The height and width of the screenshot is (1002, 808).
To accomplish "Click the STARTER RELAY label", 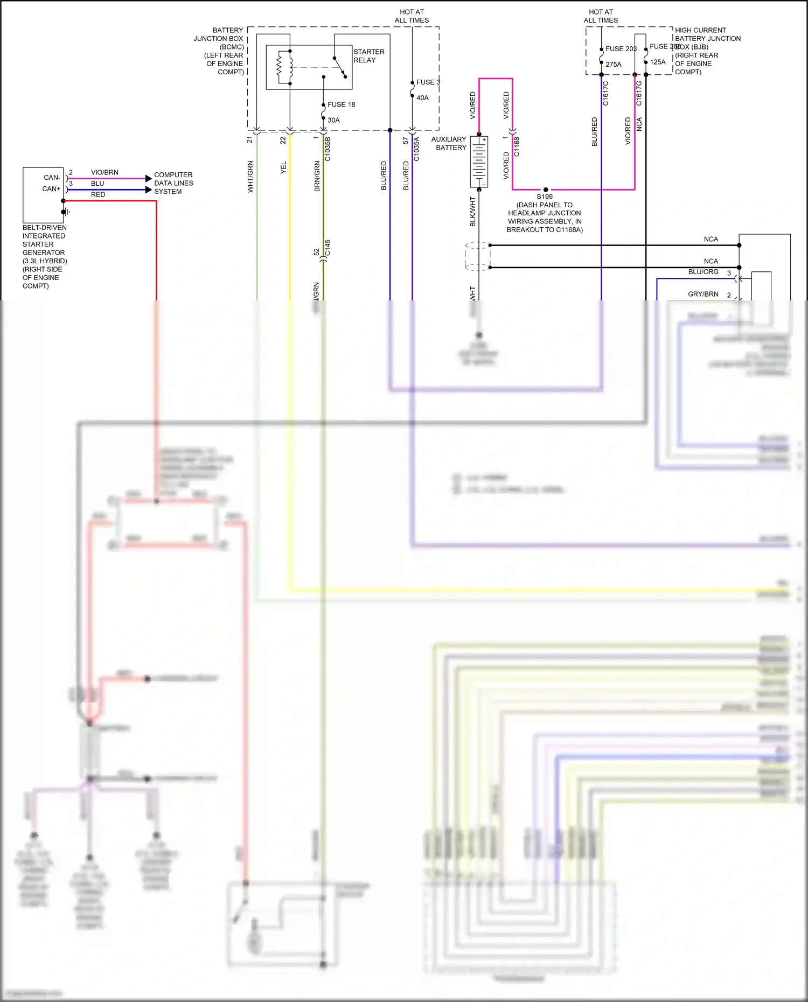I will coord(368,56).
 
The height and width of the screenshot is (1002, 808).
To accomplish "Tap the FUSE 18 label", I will coord(341,104).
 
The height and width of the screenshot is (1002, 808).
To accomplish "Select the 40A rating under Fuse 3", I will coord(422,98).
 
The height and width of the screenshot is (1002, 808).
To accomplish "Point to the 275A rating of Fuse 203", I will coord(613,65).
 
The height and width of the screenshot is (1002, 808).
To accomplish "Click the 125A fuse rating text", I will coord(657,62).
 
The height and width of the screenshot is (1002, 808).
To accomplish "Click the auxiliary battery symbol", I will coord(479,162).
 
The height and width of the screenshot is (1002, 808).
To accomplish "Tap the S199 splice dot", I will coord(546,190).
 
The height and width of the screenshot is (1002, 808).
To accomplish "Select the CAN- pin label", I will coord(52,178).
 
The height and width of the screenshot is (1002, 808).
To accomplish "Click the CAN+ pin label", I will coord(51,189).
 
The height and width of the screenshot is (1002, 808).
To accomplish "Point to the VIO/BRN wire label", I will coord(105,172).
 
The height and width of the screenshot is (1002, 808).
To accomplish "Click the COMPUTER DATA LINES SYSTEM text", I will coord(173,183).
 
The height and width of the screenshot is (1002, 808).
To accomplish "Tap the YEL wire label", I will coord(283,167).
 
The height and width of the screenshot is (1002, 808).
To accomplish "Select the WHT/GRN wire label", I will coord(250,177).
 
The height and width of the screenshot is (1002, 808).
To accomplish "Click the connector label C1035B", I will coord(328,149).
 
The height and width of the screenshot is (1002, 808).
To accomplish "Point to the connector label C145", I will coord(328,248).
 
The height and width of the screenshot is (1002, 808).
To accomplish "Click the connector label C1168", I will coord(517,146).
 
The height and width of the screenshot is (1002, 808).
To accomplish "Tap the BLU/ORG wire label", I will coord(703,272).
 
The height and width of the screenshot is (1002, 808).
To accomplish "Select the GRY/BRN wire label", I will coord(703,294).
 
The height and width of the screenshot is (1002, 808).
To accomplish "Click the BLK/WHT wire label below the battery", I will coord(473,211).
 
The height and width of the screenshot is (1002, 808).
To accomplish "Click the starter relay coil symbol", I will coord(280,67).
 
